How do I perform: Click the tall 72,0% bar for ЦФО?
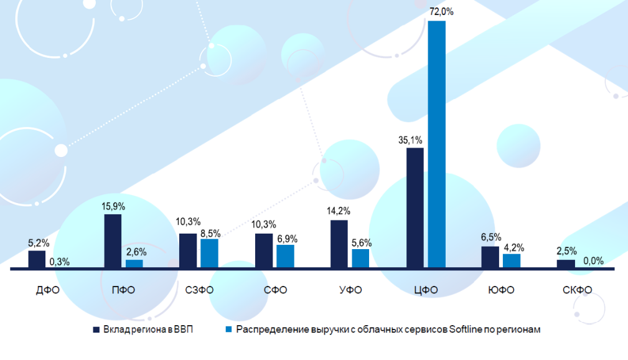(437, 144)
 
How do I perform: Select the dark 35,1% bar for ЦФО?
(415, 208)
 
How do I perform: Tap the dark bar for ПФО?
(113, 241)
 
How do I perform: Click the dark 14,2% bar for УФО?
(339, 244)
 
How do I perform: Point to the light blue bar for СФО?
(285, 256)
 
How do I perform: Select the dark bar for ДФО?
(37, 259)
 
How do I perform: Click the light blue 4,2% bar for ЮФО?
(512, 261)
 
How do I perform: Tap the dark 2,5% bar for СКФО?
(566, 264)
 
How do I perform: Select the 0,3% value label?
(60, 261)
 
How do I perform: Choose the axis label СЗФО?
(199, 290)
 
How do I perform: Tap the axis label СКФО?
(576, 290)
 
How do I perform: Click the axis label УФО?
(350, 290)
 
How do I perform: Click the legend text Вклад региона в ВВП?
(149, 329)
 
